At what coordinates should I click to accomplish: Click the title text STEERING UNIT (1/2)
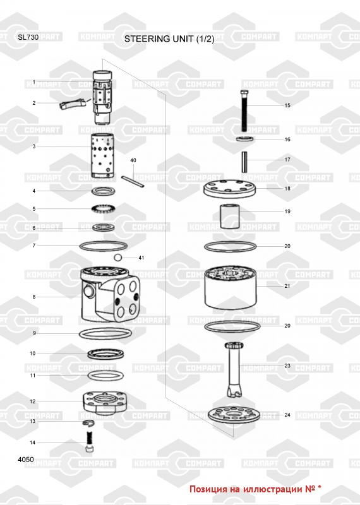click(x=169, y=39)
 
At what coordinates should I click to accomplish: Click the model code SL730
click(x=28, y=37)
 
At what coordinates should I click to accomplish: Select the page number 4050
click(x=26, y=460)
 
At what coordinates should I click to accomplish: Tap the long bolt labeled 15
click(x=244, y=110)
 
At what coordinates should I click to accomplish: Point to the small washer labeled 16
click(x=244, y=139)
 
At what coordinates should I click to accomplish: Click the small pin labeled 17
click(x=244, y=162)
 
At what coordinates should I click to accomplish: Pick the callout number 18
click(x=287, y=188)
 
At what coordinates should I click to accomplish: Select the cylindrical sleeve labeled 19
click(x=230, y=216)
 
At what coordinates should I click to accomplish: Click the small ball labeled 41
click(x=118, y=257)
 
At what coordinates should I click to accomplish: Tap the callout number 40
click(x=133, y=160)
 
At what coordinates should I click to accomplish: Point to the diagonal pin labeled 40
click(x=133, y=181)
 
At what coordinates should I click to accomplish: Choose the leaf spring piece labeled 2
click(x=71, y=105)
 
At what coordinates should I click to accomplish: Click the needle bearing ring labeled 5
click(x=103, y=210)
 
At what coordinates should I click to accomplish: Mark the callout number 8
click(x=34, y=297)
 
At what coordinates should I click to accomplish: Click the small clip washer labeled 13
click(x=88, y=423)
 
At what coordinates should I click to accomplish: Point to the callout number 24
click(x=287, y=415)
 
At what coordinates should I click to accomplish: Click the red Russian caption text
click(x=255, y=489)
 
